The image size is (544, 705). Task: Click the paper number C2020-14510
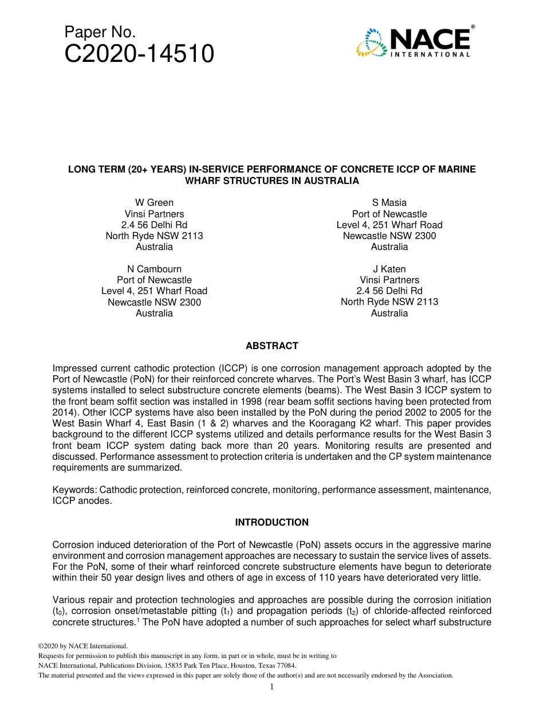tap(139, 54)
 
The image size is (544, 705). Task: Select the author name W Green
tap(154, 202)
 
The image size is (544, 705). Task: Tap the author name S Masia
tap(389, 202)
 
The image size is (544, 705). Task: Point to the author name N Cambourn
tap(154, 269)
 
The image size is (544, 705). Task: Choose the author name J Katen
tap(389, 269)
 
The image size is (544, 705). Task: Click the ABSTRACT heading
tap(272, 346)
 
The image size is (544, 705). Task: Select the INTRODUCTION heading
tap(272, 522)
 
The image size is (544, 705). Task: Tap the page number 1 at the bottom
tap(272, 687)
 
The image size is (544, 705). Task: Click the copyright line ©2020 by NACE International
tap(82, 646)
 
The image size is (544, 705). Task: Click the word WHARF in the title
tap(202, 181)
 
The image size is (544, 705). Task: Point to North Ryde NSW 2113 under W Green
tap(154, 236)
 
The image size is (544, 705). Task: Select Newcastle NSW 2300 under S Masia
tap(389, 236)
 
